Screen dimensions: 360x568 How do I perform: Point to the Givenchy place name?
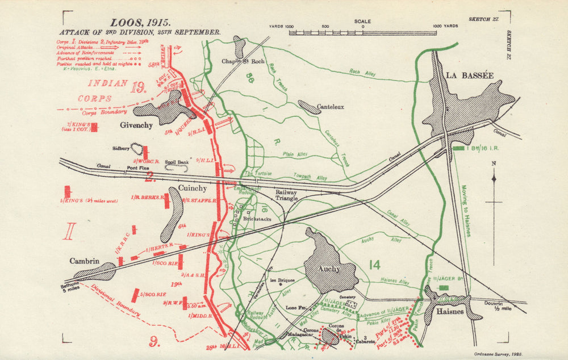136,125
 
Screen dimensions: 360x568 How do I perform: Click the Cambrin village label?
85,261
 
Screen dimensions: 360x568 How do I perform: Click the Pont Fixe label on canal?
139,169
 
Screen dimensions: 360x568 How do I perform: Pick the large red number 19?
138,87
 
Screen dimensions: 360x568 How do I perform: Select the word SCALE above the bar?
362,22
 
